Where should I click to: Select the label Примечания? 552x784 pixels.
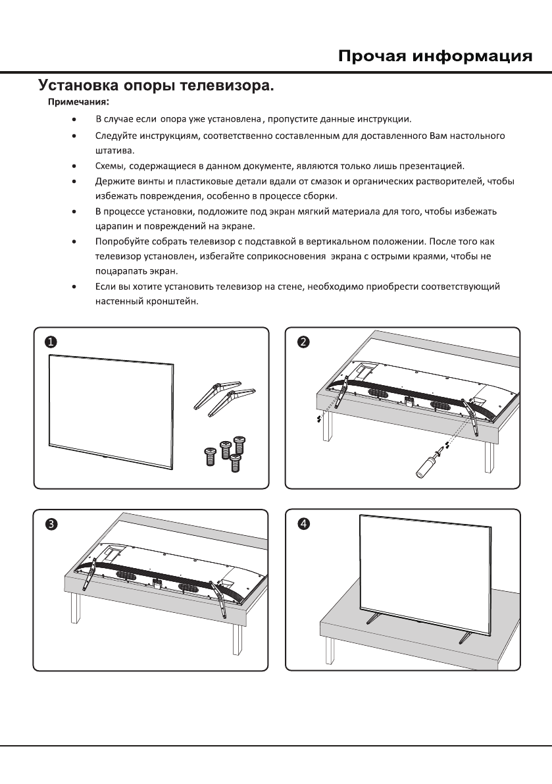(x=77, y=103)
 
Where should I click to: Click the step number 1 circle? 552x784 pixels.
(x=51, y=342)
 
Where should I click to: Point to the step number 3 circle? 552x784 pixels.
(x=51, y=524)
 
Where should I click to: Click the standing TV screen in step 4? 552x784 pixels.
(x=424, y=573)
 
